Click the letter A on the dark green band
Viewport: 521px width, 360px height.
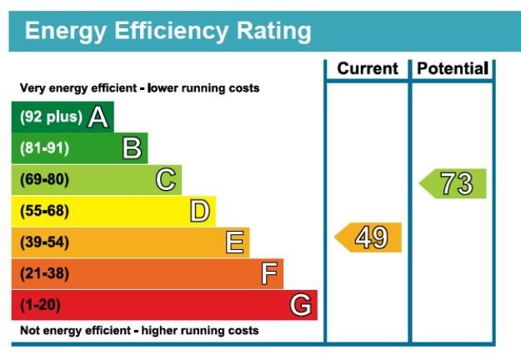pyautogui.click(x=98, y=117)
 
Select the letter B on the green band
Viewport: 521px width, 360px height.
pyautogui.click(x=133, y=149)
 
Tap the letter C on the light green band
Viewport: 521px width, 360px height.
pyautogui.click(x=167, y=180)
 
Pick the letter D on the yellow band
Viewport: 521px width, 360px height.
pyautogui.click(x=200, y=211)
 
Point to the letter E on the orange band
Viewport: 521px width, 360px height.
pyautogui.click(x=235, y=242)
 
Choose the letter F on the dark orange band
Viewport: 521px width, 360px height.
pyautogui.click(x=269, y=273)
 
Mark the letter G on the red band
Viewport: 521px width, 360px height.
pyautogui.click(x=302, y=305)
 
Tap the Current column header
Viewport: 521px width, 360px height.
pyautogui.click(x=367, y=69)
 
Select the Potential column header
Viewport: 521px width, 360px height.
pyautogui.click(x=453, y=69)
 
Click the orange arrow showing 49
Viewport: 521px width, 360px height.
pyautogui.click(x=369, y=237)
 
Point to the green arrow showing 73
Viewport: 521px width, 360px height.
pyautogui.click(x=453, y=183)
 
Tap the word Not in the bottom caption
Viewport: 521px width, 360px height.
pyautogui.click(x=30, y=331)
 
